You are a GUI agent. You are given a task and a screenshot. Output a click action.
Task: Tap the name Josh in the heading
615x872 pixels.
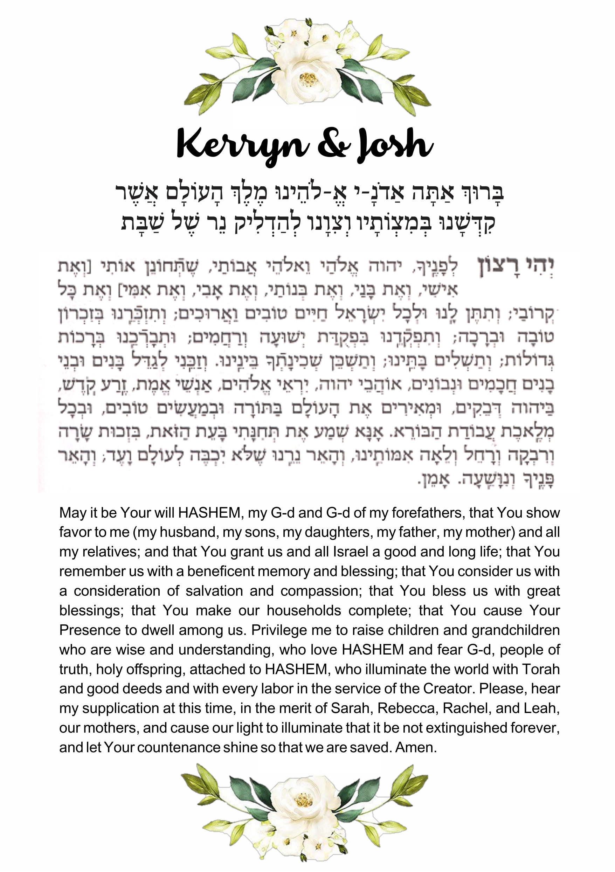(x=395, y=145)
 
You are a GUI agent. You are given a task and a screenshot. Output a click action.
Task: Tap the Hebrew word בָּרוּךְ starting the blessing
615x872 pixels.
(x=482, y=193)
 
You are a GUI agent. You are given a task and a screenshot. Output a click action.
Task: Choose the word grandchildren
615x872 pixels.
(x=516, y=630)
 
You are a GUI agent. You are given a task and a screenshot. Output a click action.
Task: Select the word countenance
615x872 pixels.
(x=179, y=747)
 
